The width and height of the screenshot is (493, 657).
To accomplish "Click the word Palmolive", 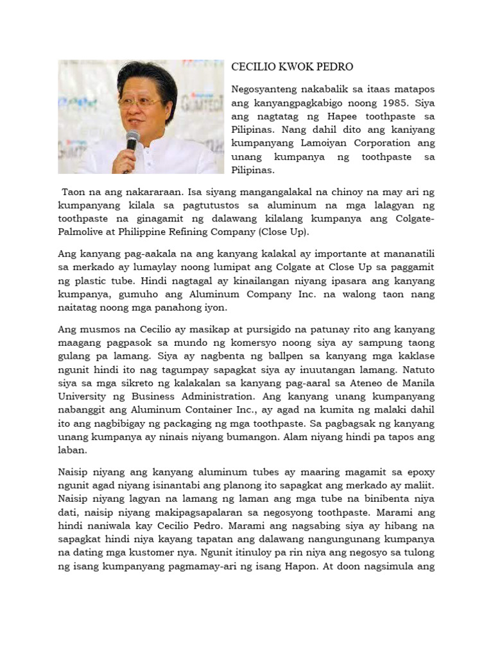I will (83, 232).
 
